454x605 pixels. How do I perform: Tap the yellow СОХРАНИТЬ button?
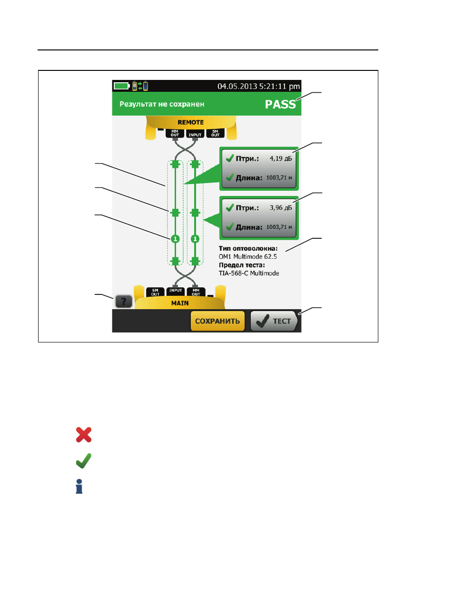[217, 321]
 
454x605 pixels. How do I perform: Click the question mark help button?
[123, 301]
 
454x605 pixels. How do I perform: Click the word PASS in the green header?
[280, 104]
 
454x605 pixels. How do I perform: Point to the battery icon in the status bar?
[121, 86]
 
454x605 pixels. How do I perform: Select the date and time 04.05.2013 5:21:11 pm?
[258, 86]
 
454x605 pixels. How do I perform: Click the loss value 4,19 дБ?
[281, 158]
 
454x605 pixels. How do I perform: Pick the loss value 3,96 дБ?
[281, 207]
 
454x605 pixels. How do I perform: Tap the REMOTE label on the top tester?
[190, 122]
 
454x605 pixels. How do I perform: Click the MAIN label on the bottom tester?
[180, 303]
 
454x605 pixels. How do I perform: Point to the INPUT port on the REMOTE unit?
[195, 134]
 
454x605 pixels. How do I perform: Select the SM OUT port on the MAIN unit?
[155, 292]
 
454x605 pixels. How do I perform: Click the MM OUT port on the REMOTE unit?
[175, 133]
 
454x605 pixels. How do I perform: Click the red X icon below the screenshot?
[84, 435]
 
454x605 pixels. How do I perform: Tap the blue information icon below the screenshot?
[79, 486]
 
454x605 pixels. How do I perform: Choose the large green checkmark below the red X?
[84, 460]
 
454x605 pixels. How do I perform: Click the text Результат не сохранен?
[162, 104]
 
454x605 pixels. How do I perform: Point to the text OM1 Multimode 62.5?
[247, 257]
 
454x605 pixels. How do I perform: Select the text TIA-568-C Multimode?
[248, 273]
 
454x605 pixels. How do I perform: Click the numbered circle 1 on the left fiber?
[175, 239]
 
